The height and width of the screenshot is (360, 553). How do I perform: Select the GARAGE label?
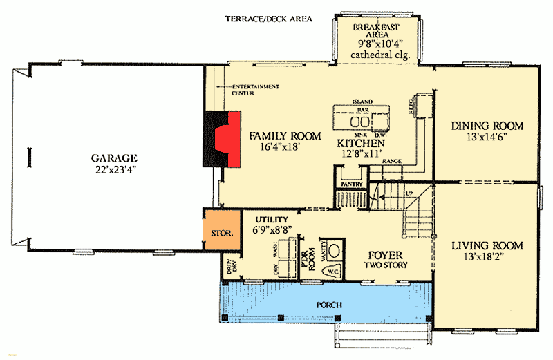114,157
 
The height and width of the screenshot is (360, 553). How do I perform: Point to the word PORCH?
328,305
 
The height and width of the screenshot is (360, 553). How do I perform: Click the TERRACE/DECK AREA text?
270,19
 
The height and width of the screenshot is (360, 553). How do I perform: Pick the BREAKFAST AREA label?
376,32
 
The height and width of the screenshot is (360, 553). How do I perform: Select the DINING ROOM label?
487,126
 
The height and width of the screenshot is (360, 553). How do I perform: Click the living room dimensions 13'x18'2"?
487,258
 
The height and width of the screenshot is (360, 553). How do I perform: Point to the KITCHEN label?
360,143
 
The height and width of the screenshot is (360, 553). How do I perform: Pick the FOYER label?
385,253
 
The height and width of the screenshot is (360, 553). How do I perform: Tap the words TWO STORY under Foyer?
385,265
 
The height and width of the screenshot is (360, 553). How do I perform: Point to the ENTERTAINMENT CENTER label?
256,89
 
